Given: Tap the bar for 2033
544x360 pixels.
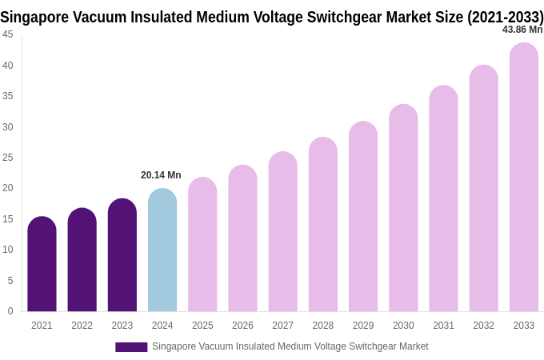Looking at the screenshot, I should tap(524, 178).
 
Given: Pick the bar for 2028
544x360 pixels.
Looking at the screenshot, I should tap(323, 225).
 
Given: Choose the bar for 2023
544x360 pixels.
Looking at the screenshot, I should tap(122, 255).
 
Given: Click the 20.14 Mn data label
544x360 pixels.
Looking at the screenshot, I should tap(161, 175).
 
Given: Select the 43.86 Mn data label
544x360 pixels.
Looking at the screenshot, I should tap(522, 30).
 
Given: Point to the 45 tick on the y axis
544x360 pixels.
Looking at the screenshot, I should tap(8, 34).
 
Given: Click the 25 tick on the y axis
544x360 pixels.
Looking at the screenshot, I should tap(8, 158).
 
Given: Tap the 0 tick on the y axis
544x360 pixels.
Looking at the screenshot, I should tap(10, 311).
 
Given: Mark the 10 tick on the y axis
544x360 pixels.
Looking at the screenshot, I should tap(8, 250).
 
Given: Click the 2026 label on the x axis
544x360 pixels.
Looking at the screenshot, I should tap(242, 326).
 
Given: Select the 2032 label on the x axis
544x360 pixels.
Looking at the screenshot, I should tap(483, 326).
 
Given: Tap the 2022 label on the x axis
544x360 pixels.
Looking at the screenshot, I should tap(82, 326).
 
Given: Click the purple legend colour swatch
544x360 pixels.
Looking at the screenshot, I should tap(131, 347).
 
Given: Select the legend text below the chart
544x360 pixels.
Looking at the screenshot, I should tap(290, 346).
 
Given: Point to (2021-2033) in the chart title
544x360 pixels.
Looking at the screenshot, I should tap(506, 17).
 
